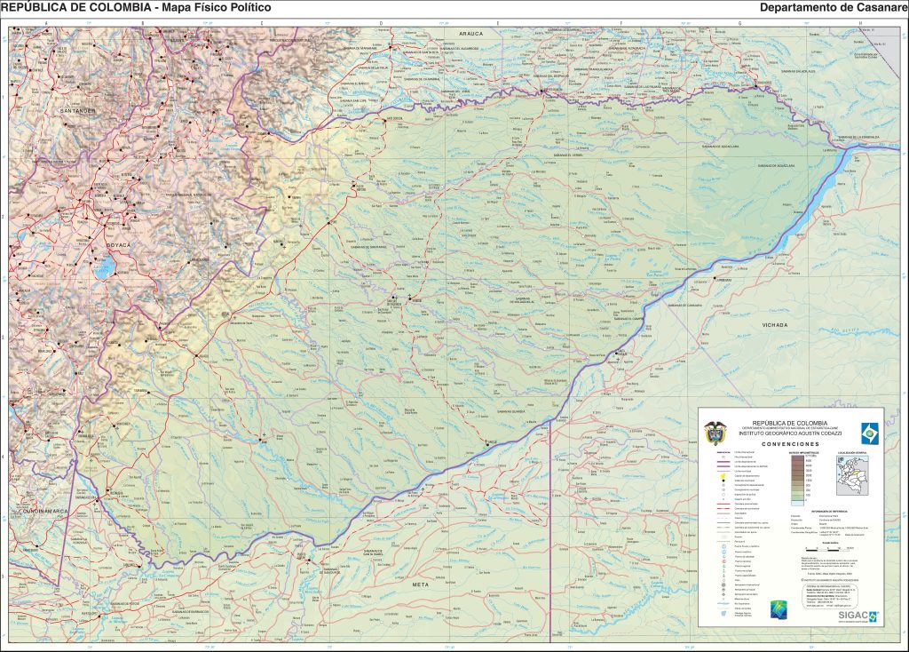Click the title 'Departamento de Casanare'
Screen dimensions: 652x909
[x=832, y=8]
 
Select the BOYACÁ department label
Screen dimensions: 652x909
[x=117, y=244]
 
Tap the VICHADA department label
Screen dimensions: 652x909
[x=774, y=325]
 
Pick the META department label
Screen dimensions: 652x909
[x=421, y=585]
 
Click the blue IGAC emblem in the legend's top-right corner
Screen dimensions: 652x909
[x=867, y=431]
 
